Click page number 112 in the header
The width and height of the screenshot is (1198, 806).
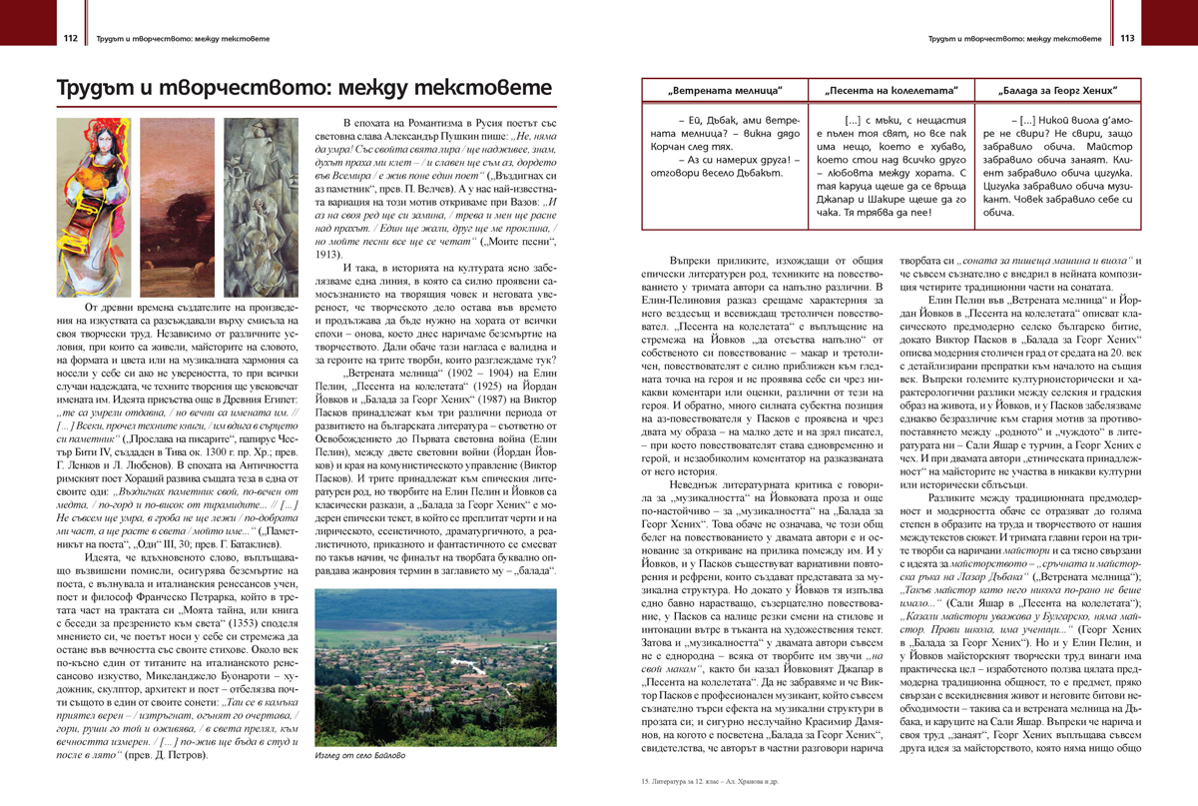pyautogui.click(x=70, y=39)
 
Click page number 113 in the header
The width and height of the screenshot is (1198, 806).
pyautogui.click(x=1127, y=39)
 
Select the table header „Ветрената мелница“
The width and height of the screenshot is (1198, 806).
pyautogui.click(x=724, y=92)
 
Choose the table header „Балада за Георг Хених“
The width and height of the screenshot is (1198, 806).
pyautogui.click(x=1055, y=92)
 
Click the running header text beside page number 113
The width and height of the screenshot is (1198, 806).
pyautogui.click(x=1014, y=39)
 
